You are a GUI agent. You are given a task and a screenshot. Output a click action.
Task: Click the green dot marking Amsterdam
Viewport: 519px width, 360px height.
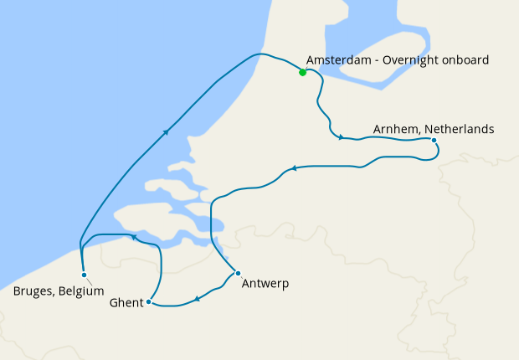point(302,72)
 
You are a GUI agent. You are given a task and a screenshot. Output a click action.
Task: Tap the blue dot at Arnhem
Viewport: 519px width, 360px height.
point(434,140)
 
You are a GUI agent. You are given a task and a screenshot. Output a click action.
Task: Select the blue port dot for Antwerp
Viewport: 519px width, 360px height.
point(238,273)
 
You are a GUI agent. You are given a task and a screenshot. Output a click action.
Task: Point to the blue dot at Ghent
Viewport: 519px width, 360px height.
point(148,301)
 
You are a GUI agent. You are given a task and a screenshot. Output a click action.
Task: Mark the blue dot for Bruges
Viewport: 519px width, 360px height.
point(84,275)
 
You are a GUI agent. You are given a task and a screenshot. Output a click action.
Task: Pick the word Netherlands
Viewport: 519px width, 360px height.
point(460,129)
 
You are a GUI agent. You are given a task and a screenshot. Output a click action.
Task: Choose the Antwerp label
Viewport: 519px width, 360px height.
point(265,284)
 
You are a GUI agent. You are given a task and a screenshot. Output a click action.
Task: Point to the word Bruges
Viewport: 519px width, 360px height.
point(34,291)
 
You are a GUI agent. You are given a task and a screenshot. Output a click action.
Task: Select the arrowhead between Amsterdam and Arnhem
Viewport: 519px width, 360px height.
point(341,137)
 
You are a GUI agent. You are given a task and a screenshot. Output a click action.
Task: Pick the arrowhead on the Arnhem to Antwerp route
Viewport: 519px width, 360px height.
point(293,170)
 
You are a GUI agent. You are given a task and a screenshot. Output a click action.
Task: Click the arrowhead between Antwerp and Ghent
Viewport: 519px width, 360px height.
point(196,298)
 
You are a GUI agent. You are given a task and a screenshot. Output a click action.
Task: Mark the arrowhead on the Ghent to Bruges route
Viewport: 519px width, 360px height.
point(133,238)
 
